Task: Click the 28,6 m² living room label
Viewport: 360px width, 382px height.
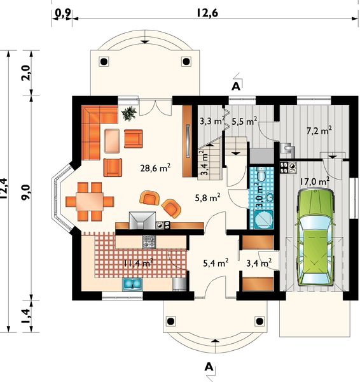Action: coord(155,168)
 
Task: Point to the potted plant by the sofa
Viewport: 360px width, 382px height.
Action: coord(128,113)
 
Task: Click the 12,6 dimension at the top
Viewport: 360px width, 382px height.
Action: coord(207,13)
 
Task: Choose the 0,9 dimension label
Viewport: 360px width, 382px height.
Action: coord(62,13)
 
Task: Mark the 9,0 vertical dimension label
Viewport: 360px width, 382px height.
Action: coord(26,192)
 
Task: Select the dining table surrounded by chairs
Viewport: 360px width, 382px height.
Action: coord(90,202)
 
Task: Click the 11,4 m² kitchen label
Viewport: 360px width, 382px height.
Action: coord(138,263)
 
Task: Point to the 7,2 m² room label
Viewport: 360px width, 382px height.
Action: coord(319,131)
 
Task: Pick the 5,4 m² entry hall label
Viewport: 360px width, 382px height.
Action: coord(216,263)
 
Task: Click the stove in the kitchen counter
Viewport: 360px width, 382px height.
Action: coord(149,241)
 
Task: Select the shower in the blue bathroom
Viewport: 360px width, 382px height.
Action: coord(264,219)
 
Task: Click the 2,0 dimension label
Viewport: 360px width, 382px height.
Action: coord(27,73)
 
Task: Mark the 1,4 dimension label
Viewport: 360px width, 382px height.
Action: coord(27,316)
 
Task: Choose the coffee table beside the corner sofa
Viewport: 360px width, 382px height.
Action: coord(112,141)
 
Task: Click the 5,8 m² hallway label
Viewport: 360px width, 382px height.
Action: coord(207,197)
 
